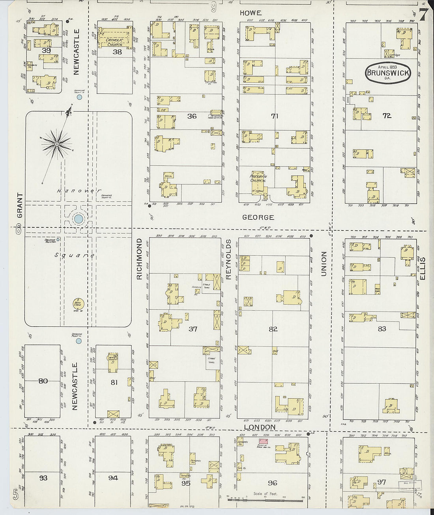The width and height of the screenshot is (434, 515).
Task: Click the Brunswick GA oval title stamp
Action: coord(388,72)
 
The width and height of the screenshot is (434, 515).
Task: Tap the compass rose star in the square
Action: coord(57,144)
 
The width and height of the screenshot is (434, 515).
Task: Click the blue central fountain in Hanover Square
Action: coord(79,219)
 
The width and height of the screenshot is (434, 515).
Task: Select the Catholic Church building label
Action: coord(115,42)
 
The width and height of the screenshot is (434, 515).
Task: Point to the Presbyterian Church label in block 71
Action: coord(258,178)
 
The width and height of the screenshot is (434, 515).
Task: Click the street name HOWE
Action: coord(251,13)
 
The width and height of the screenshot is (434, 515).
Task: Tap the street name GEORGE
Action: coord(258,217)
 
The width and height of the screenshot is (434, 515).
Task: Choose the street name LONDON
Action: coord(260,427)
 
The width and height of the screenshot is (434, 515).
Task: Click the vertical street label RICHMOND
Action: coord(139,259)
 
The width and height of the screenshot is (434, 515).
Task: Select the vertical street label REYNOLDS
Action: coord(228,259)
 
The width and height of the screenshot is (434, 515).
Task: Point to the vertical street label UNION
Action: coord(324,264)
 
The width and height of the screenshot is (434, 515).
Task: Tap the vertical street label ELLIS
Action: coord(423,268)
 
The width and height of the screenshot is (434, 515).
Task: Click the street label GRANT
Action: coord(20,205)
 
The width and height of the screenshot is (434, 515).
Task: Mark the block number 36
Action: coord(192,116)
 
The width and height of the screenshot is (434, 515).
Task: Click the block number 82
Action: coord(273,329)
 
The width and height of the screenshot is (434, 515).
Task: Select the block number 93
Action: coord(43,478)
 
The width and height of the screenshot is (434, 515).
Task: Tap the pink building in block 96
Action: coord(262,441)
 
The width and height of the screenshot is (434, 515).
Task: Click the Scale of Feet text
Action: coord(266,494)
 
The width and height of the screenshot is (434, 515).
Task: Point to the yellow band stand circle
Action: coord(78,304)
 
